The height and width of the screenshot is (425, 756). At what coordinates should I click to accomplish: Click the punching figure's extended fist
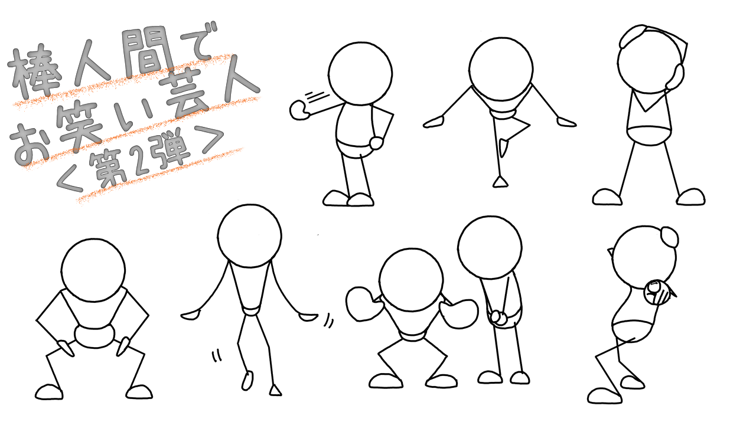(x=299, y=110)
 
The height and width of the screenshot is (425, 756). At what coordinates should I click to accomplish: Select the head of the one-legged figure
(x=501, y=69)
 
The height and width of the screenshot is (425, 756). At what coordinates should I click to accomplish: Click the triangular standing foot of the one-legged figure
(x=500, y=182)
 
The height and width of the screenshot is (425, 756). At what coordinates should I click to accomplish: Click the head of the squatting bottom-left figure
(x=93, y=270)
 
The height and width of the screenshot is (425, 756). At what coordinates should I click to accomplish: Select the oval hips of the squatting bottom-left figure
(x=94, y=336)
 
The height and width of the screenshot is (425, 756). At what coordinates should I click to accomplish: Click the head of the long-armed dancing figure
(x=250, y=236)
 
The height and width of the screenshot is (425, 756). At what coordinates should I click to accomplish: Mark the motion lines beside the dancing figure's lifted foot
(x=217, y=356)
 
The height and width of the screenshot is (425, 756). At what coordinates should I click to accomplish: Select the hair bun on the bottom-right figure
(x=670, y=237)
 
